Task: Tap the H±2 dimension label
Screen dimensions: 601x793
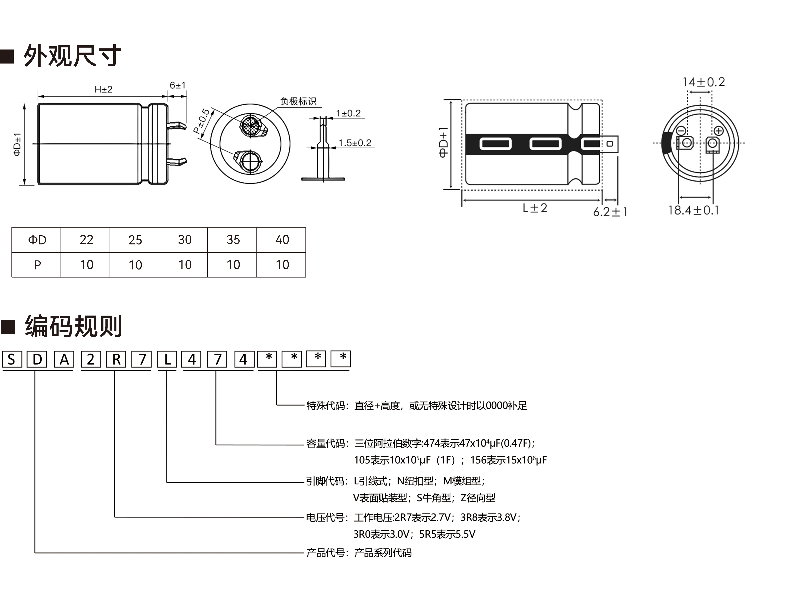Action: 103,89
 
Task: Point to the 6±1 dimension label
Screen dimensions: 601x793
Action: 177,85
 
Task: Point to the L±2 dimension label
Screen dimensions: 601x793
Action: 534,208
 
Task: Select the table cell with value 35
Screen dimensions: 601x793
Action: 233,240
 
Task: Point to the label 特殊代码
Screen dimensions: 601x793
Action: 326,406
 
